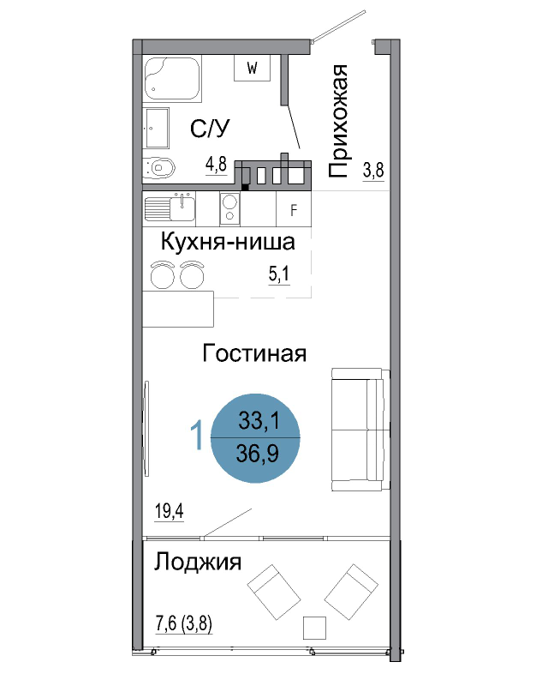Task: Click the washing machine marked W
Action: point(252,68)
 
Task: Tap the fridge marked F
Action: point(294,209)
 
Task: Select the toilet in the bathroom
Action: point(159,167)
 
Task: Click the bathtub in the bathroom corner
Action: point(172,79)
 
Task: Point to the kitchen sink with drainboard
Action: point(170,208)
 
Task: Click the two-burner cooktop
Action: point(229,208)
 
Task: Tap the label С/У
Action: point(210,128)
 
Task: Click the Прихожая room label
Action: point(338,121)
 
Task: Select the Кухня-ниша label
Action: point(228,242)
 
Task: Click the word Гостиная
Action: point(254,353)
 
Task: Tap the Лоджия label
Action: point(198,562)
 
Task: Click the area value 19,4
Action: point(170,510)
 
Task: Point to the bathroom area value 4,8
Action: point(217,165)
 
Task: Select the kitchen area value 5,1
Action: point(279,274)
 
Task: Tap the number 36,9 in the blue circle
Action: point(258,454)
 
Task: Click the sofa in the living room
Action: point(361,430)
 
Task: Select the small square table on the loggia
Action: point(314,628)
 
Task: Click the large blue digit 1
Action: point(198,435)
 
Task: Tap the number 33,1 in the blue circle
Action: point(259,421)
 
